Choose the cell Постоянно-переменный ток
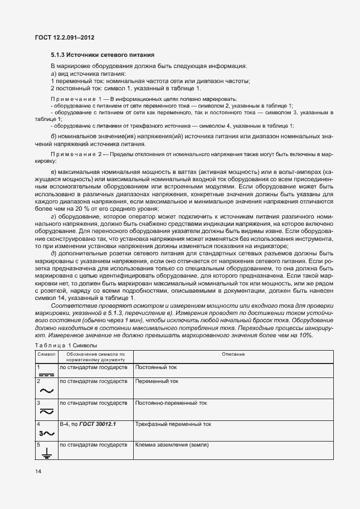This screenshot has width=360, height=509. [171, 403]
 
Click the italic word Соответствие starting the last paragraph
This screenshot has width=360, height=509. [70, 306]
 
